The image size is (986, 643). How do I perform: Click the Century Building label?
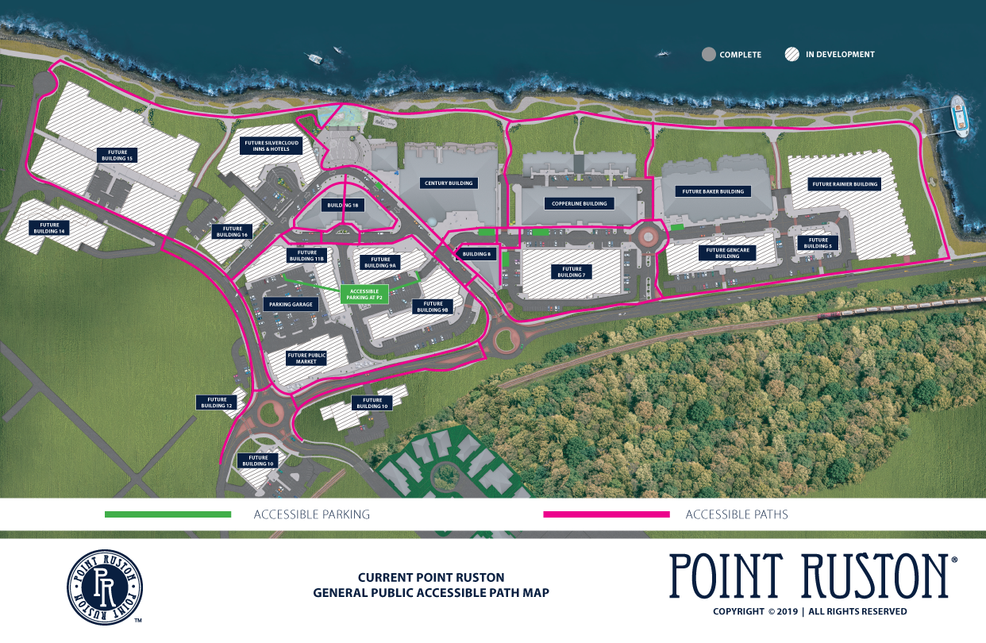point(449,183)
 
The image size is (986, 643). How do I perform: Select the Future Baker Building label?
point(713,191)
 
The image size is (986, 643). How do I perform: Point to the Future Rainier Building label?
point(845,184)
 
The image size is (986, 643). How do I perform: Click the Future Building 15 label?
point(117,155)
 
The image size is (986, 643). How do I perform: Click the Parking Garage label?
point(291,304)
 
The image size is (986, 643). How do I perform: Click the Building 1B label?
point(342,205)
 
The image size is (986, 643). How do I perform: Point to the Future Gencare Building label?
point(727,253)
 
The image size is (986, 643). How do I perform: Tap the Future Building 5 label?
point(817,243)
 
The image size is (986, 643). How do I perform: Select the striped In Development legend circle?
point(791,55)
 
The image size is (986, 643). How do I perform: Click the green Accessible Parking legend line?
point(168,514)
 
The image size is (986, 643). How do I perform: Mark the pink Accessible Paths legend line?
point(606,514)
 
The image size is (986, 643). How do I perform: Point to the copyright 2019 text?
point(810,611)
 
